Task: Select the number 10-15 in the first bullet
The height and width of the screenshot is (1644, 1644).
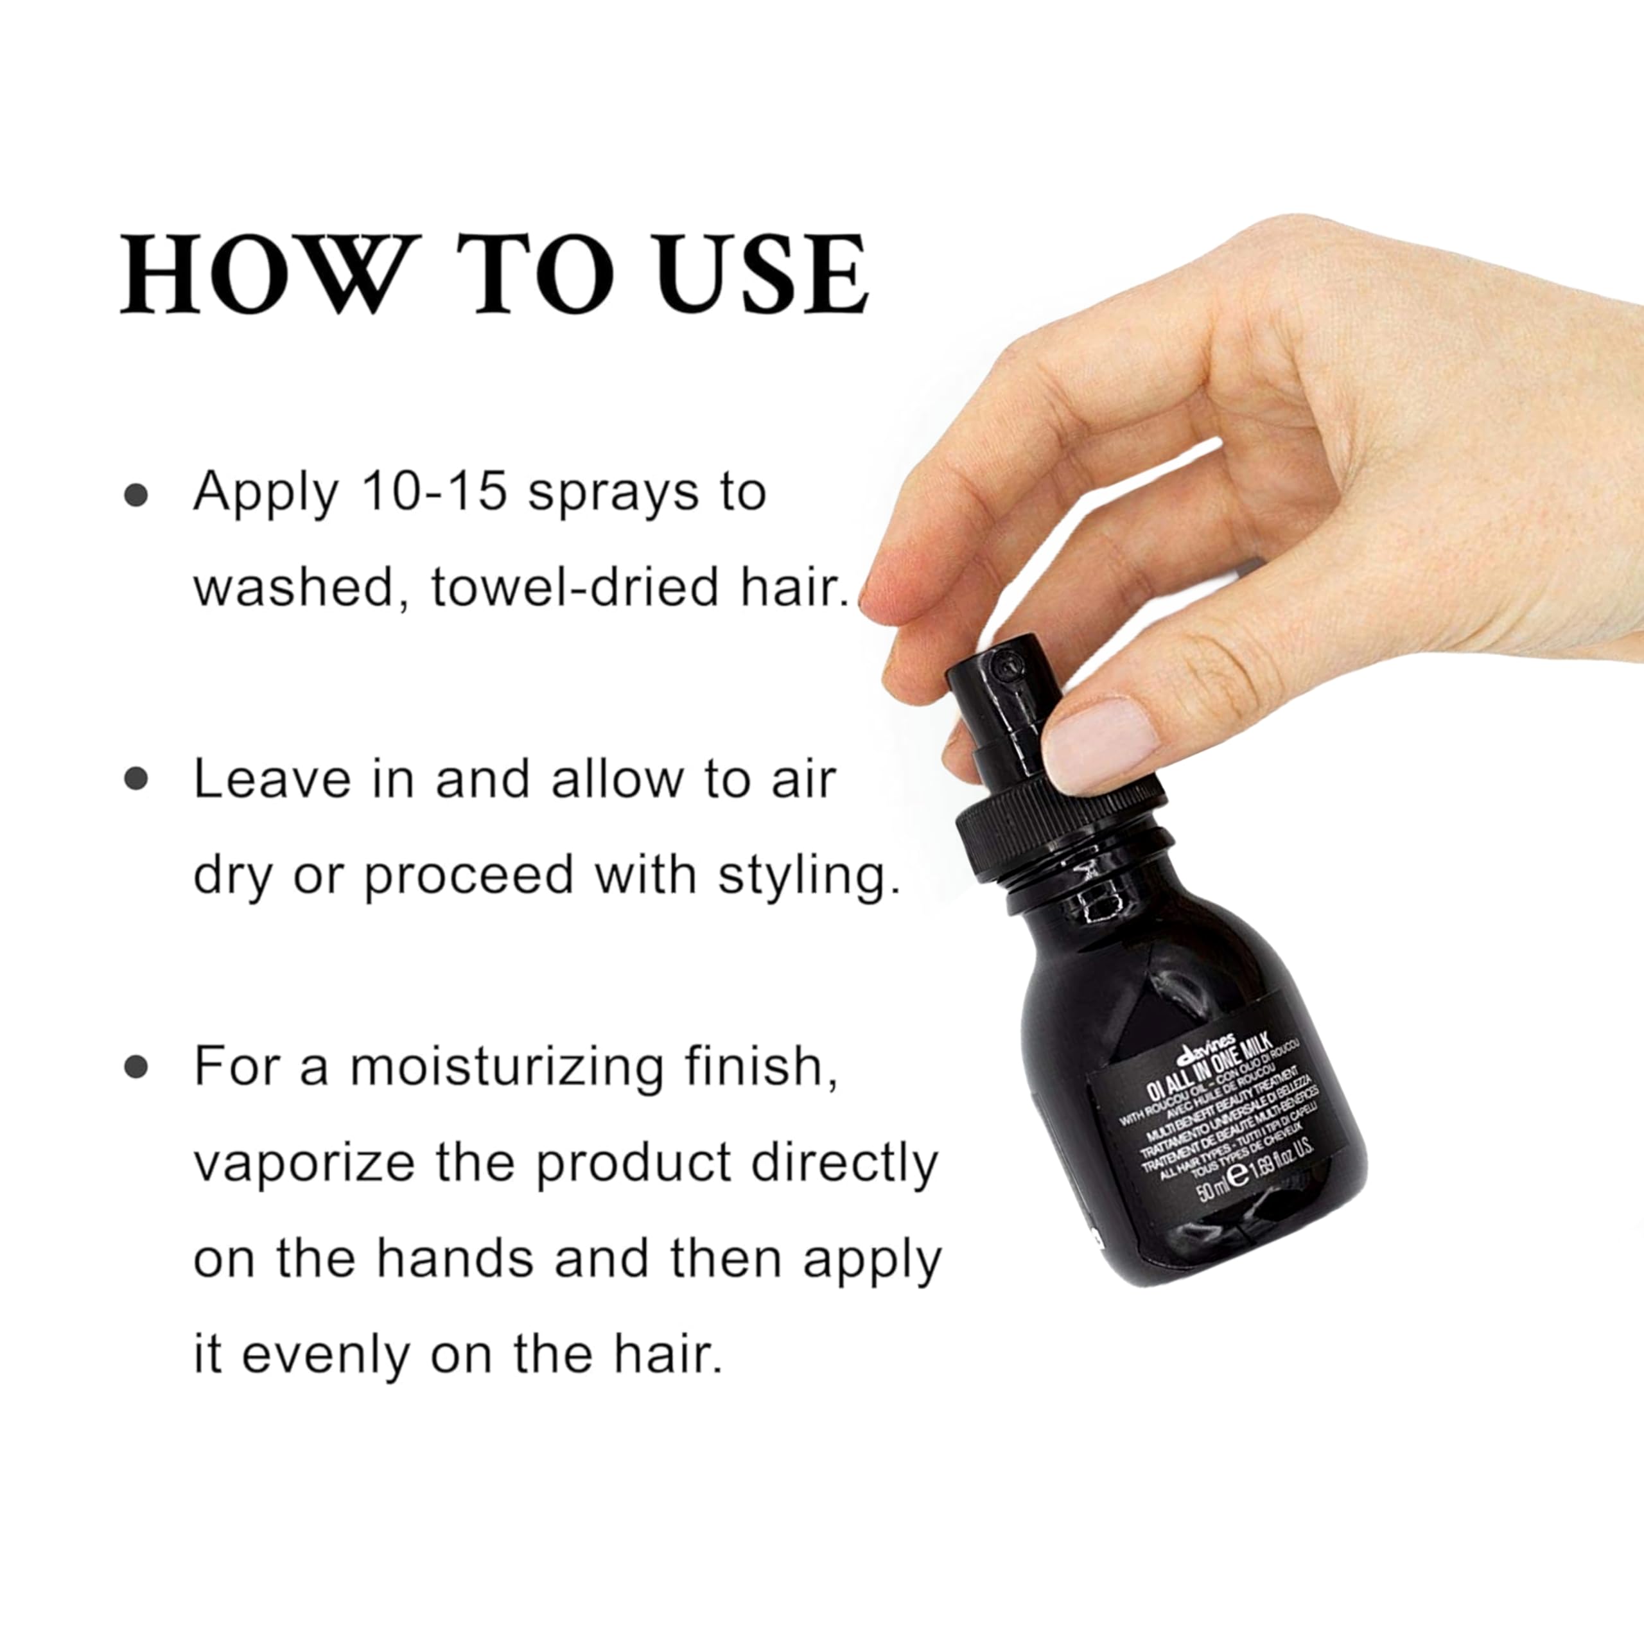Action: click(x=435, y=491)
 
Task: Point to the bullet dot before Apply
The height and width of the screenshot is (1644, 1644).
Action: click(x=136, y=495)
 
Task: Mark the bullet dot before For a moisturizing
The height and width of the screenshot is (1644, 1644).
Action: click(x=136, y=1066)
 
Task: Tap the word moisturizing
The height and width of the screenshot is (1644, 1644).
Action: click(x=506, y=1066)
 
